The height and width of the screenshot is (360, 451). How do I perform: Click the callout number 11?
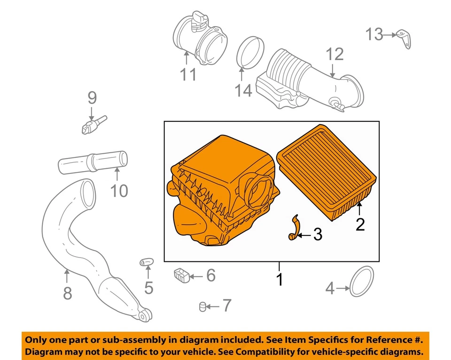(188, 74)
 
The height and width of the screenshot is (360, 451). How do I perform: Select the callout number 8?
(68, 293)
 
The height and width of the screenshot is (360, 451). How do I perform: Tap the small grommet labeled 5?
(145, 262)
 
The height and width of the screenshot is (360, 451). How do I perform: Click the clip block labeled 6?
(182, 275)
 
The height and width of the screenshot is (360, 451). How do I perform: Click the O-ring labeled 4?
(362, 282)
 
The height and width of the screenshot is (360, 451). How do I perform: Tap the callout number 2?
(360, 224)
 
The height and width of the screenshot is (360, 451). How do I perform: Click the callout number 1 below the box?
(279, 280)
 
